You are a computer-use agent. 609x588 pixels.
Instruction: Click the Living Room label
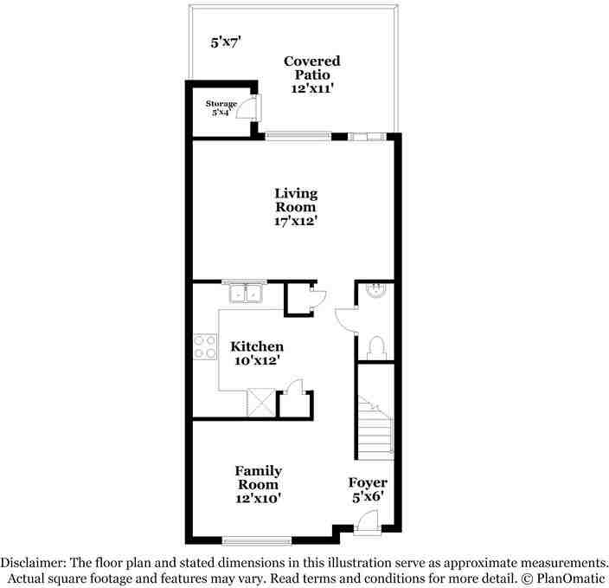296,208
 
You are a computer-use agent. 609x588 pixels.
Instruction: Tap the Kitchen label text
257,353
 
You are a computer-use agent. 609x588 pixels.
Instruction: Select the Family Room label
258,484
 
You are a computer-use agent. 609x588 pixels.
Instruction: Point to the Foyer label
368,489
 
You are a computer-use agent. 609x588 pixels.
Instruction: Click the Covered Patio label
311,74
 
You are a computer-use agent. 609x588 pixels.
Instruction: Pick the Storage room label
221,108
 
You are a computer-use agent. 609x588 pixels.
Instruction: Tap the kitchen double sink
246,294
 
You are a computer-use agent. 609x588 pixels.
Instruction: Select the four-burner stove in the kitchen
205,346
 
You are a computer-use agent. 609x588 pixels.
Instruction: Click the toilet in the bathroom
375,347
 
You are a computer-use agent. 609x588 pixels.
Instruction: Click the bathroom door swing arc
344,320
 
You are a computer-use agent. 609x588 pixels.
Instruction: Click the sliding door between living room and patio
298,134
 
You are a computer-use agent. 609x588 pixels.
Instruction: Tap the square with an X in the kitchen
260,404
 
